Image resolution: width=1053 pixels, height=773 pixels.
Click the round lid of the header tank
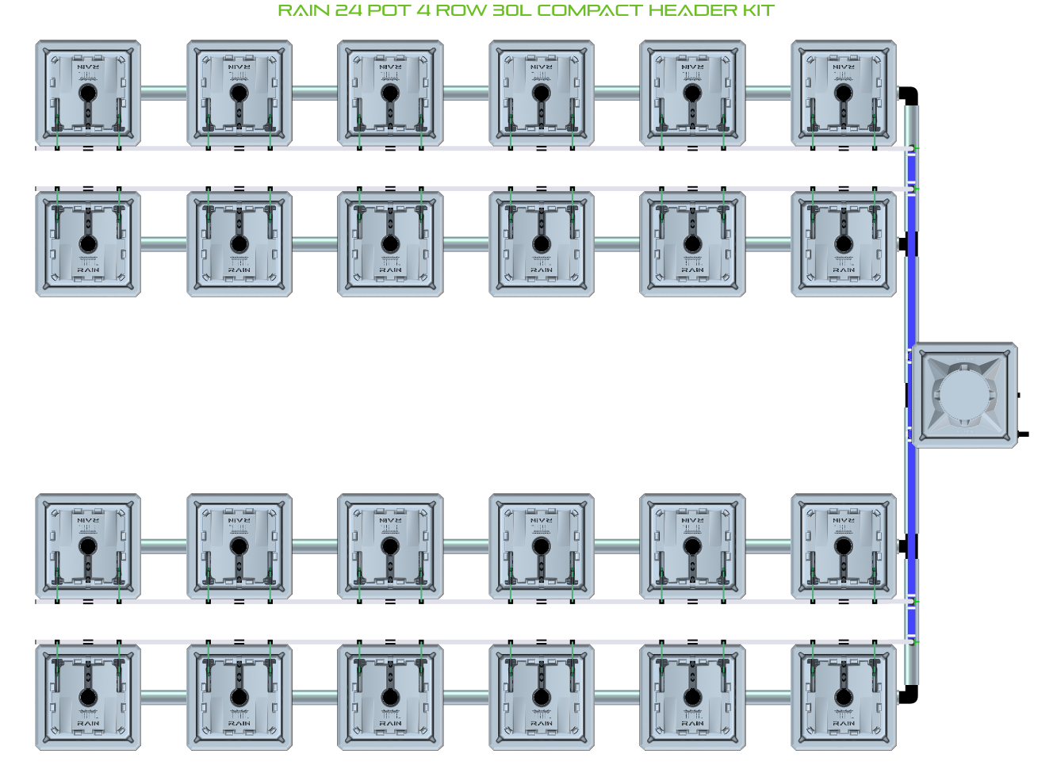pos(962,395)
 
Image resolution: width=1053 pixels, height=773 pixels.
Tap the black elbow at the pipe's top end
pos(910,94)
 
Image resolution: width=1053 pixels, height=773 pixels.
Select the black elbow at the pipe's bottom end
pos(910,695)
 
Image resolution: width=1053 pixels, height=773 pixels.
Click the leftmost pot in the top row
pos(88,94)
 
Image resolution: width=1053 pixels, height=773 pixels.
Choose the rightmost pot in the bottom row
pos(844,697)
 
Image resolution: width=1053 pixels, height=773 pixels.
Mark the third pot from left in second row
pos(390,243)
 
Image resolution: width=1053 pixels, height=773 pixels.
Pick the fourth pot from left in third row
pos(542,546)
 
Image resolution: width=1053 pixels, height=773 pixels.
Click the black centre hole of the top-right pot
pos(844,93)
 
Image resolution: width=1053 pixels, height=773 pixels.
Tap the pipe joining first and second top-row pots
pos(164,93)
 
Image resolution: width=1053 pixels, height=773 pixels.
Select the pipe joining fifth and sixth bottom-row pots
pos(768,698)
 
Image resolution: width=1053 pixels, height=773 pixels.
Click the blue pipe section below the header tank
pos(911,492)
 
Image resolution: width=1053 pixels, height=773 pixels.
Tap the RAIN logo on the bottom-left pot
pos(88,723)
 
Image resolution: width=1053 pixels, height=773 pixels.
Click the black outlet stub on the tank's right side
pos(1024,434)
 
